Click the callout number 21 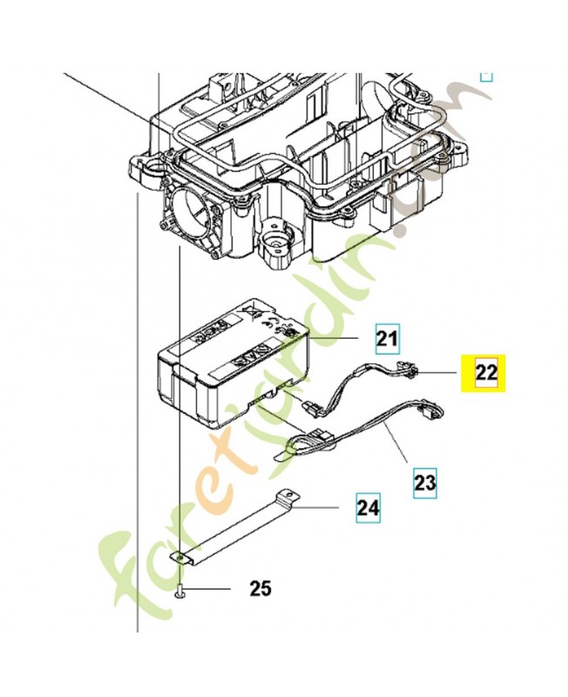coord(387,336)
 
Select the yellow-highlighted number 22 coord(486,372)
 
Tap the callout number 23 coord(424,479)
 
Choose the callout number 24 coord(369,507)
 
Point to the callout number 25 coord(260,590)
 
